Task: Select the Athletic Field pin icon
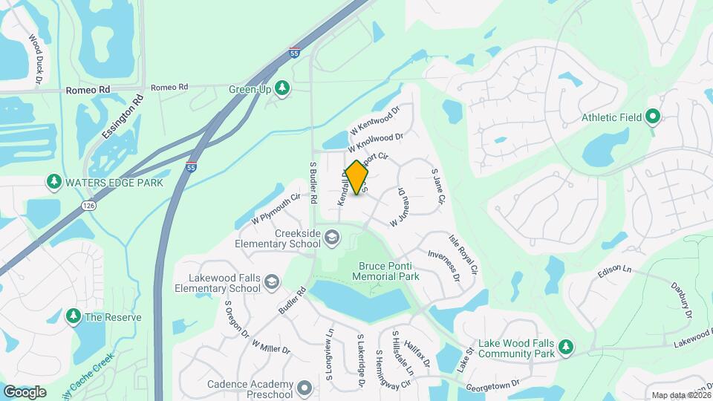pos(653,117)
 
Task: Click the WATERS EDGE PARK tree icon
pos(53,181)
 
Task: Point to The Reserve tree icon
pos(74,317)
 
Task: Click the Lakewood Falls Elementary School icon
pos(272,282)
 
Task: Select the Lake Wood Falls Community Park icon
pos(566,348)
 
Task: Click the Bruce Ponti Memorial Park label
pos(389,271)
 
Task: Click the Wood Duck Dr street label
pos(35,58)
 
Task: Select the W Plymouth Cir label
pos(276,209)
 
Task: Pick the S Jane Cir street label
pos(437,186)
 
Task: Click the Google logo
pos(24,391)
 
